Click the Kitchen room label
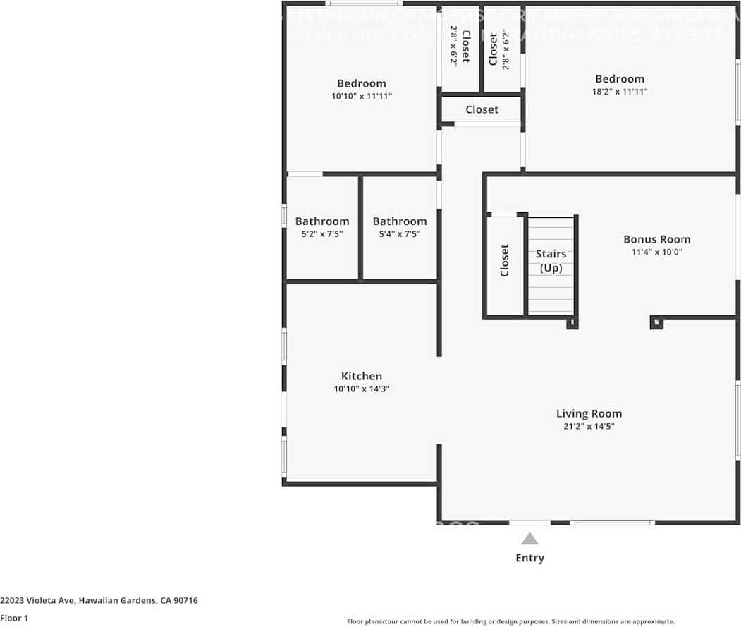[362, 376]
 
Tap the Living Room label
[589, 413]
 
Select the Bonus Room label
[656, 239]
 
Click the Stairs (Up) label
[551, 261]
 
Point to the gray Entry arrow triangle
[529, 539]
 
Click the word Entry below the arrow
[529, 558]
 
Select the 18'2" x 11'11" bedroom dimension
[619, 92]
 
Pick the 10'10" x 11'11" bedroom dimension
[361, 96]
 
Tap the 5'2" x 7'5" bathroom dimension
[321, 234]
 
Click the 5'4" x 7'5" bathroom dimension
[399, 234]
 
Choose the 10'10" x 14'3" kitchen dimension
[362, 389]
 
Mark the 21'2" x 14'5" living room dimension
[589, 426]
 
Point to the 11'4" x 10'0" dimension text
[656, 252]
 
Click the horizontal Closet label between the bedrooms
[482, 109]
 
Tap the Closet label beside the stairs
[505, 260]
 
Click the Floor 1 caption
[14, 618]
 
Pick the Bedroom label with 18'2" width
[619, 79]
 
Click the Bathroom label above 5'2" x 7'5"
[321, 221]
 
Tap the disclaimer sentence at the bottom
[510, 621]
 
